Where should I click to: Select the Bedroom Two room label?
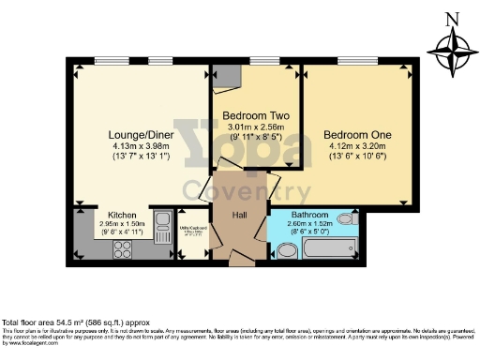click(255, 116)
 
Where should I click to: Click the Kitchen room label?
click(123, 215)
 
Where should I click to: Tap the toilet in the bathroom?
click(285, 248)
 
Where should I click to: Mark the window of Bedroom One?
click(357, 63)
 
